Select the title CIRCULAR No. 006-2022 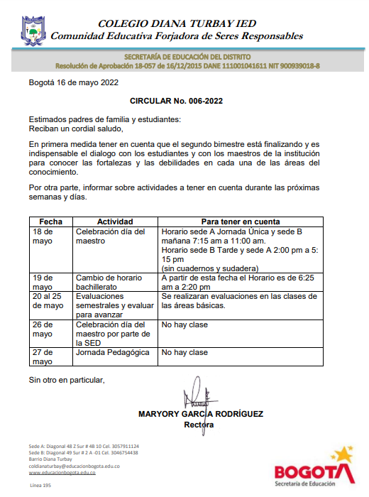(x=177, y=101)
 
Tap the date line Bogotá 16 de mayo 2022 (x=73, y=82)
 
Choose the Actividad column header (x=115, y=222)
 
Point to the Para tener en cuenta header (x=241, y=222)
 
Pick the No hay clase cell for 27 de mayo (x=184, y=352)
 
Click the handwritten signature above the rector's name (x=195, y=394)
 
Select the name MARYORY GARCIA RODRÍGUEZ (x=200, y=413)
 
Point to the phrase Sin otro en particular (x=67, y=380)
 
